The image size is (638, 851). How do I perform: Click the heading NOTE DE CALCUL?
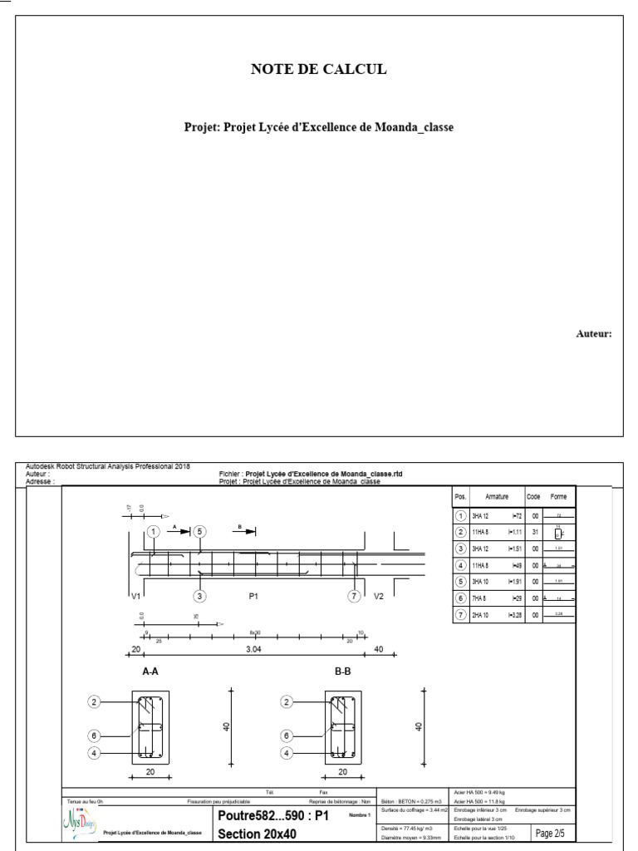(x=319, y=70)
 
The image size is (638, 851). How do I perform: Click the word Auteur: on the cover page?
(x=594, y=334)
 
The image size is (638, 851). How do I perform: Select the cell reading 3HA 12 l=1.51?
(x=490, y=548)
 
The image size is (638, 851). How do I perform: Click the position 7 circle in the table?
(x=461, y=616)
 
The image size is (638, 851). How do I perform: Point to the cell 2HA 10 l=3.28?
(x=490, y=616)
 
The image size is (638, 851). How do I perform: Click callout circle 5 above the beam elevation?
(x=199, y=532)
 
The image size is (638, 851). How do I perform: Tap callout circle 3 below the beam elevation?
(x=199, y=596)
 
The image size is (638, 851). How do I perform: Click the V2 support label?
(x=380, y=596)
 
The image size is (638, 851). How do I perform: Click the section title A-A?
(x=150, y=671)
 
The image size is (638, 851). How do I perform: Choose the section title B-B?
(x=343, y=671)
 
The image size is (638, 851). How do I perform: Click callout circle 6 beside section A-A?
(x=96, y=735)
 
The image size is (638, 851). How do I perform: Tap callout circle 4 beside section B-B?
(x=287, y=753)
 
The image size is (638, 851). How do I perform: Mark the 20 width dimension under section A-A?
(x=150, y=771)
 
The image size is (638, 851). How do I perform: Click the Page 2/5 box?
(x=550, y=833)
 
